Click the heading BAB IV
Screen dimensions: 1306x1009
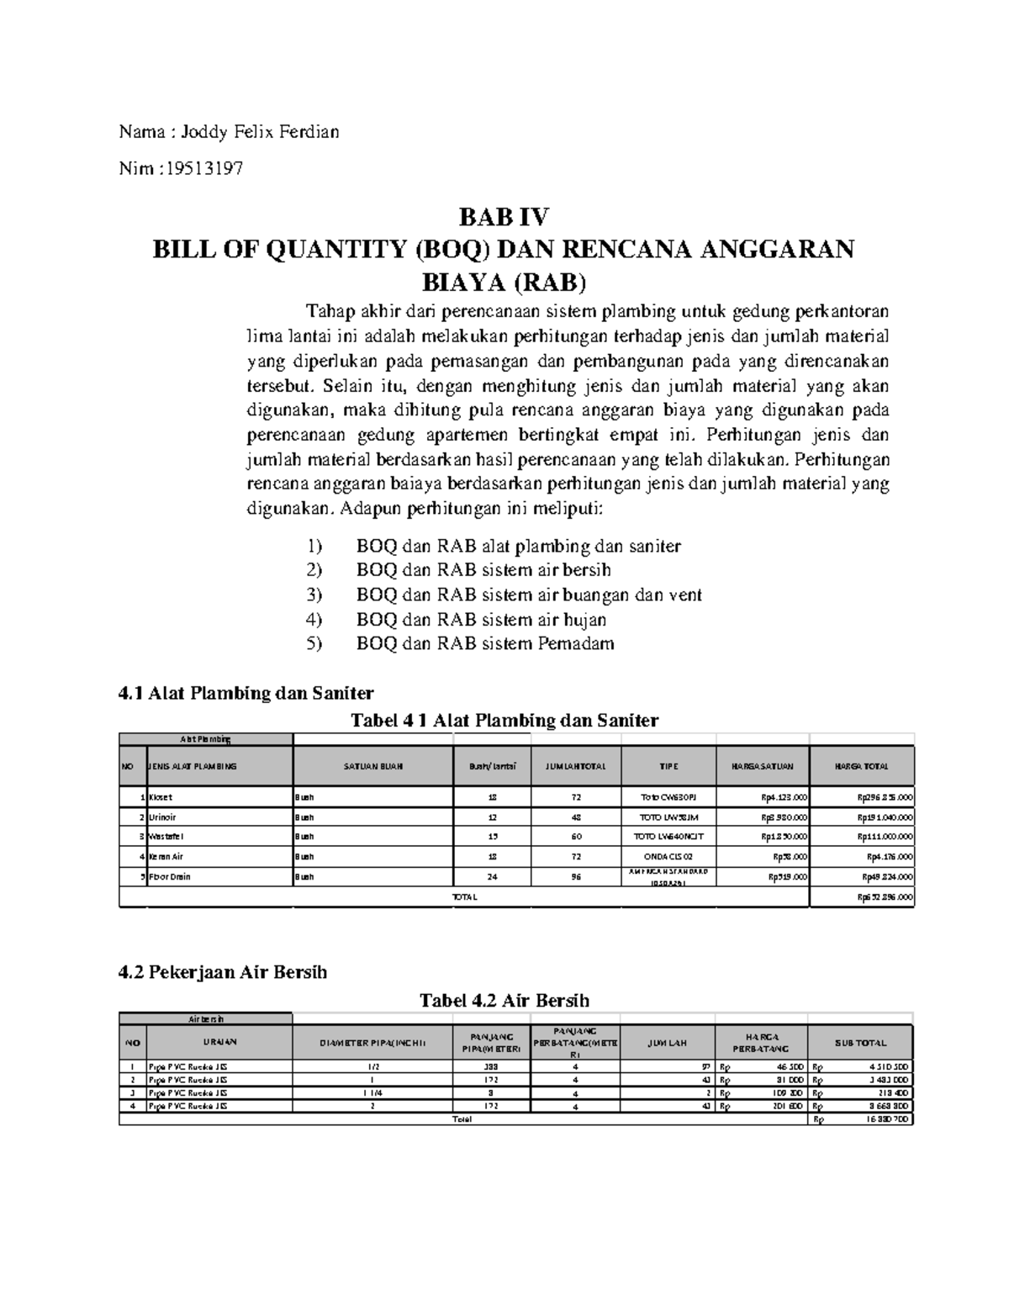503,218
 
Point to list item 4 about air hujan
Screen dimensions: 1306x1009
481,620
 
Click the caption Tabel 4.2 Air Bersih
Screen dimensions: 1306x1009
504,1001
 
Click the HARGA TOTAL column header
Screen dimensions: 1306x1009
861,766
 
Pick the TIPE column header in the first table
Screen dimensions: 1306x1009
668,766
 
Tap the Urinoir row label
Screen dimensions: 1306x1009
162,817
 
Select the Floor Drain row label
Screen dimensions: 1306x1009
169,876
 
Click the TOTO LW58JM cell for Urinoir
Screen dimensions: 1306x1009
668,817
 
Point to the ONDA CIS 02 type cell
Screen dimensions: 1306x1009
668,856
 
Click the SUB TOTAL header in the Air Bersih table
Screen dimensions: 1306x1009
860,1043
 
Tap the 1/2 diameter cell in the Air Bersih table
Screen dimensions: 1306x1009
372,1065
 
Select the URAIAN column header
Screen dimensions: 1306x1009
219,1042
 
